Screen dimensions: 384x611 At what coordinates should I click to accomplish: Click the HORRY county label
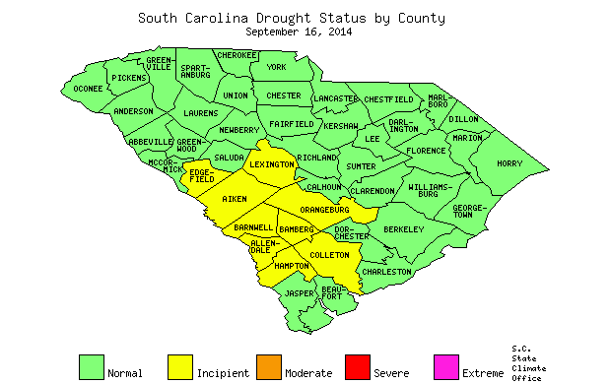(x=509, y=163)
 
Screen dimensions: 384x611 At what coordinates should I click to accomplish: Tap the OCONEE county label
(x=87, y=89)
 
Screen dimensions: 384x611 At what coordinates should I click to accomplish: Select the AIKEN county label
(x=235, y=200)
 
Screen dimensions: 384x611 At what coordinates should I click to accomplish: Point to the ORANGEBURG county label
(x=325, y=210)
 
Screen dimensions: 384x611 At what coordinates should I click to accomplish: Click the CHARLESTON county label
(x=386, y=271)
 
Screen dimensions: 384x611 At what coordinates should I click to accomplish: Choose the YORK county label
(x=276, y=67)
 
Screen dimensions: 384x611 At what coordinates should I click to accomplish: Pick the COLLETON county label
(x=329, y=255)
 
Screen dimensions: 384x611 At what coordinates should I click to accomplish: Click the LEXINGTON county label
(x=270, y=164)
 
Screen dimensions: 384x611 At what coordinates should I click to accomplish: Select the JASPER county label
(x=299, y=293)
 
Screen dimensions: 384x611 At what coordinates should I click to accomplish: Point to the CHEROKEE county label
(x=237, y=55)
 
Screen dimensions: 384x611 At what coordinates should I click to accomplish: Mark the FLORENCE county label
(x=426, y=151)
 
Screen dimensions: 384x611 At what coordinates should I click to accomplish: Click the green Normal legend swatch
(x=92, y=366)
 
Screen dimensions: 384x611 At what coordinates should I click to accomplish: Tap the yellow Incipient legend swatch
(x=180, y=366)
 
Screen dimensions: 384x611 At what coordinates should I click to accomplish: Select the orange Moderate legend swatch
(x=268, y=366)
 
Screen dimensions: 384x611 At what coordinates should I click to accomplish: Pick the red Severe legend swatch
(x=357, y=366)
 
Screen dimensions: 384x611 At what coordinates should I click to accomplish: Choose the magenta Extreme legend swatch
(x=445, y=366)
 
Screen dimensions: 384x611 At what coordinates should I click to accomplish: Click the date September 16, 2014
(x=299, y=32)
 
